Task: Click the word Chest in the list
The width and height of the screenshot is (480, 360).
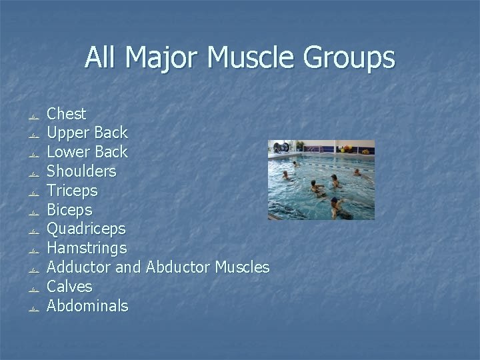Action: tap(66, 114)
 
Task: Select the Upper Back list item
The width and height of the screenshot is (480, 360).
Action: tap(87, 133)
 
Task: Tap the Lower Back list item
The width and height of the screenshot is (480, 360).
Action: tap(87, 152)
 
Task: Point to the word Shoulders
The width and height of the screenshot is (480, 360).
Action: tap(81, 171)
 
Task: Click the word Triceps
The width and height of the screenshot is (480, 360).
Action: tap(71, 191)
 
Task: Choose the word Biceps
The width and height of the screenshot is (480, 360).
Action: tap(69, 210)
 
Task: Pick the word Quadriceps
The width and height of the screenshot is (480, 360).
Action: tap(85, 229)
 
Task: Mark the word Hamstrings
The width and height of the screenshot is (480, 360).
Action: tap(86, 248)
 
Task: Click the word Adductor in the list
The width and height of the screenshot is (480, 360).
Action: tap(74, 267)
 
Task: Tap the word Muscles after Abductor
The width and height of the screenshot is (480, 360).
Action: tap(242, 267)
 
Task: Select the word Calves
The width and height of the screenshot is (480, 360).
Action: tap(69, 287)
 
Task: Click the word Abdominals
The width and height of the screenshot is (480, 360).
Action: tap(87, 306)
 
